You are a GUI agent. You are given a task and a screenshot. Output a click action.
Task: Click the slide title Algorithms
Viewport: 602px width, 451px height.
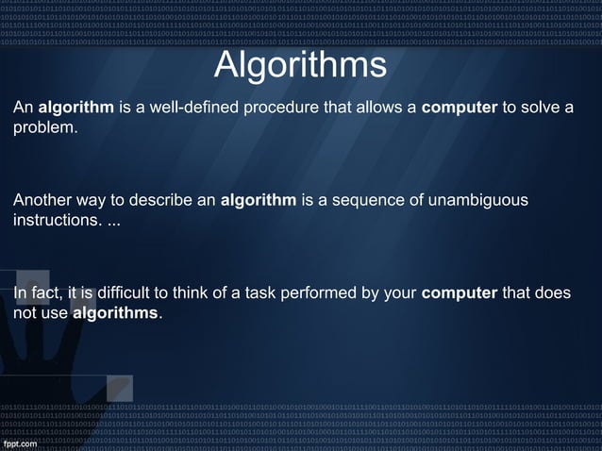click(x=300, y=65)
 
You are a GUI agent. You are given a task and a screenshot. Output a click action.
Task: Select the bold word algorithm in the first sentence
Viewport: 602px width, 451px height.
click(x=76, y=108)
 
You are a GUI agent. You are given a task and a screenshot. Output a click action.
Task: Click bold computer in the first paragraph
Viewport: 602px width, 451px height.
click(x=459, y=108)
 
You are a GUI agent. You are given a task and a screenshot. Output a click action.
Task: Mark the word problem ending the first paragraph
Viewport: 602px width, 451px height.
click(x=44, y=126)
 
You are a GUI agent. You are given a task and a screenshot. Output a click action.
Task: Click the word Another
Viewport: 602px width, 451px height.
click(x=41, y=201)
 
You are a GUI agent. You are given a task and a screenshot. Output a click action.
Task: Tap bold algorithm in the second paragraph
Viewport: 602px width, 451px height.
click(x=258, y=201)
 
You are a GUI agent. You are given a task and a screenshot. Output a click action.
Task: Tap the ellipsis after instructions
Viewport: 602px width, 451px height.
click(x=113, y=222)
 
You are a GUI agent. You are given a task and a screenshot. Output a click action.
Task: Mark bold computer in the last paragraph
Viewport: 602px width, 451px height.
click(x=459, y=293)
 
